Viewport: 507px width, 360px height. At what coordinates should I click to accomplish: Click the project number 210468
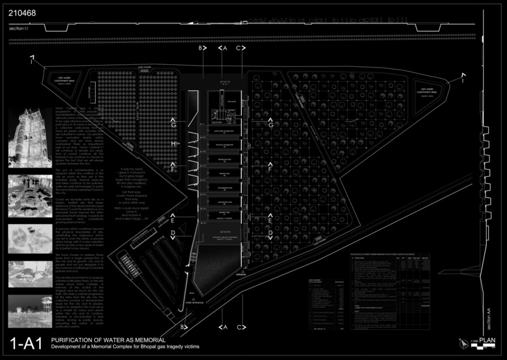pos(21,11)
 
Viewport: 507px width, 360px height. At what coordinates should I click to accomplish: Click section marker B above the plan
pos(201,48)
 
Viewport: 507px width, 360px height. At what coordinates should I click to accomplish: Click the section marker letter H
pos(174,143)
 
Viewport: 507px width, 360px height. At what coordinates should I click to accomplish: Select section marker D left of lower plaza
pos(173,232)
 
